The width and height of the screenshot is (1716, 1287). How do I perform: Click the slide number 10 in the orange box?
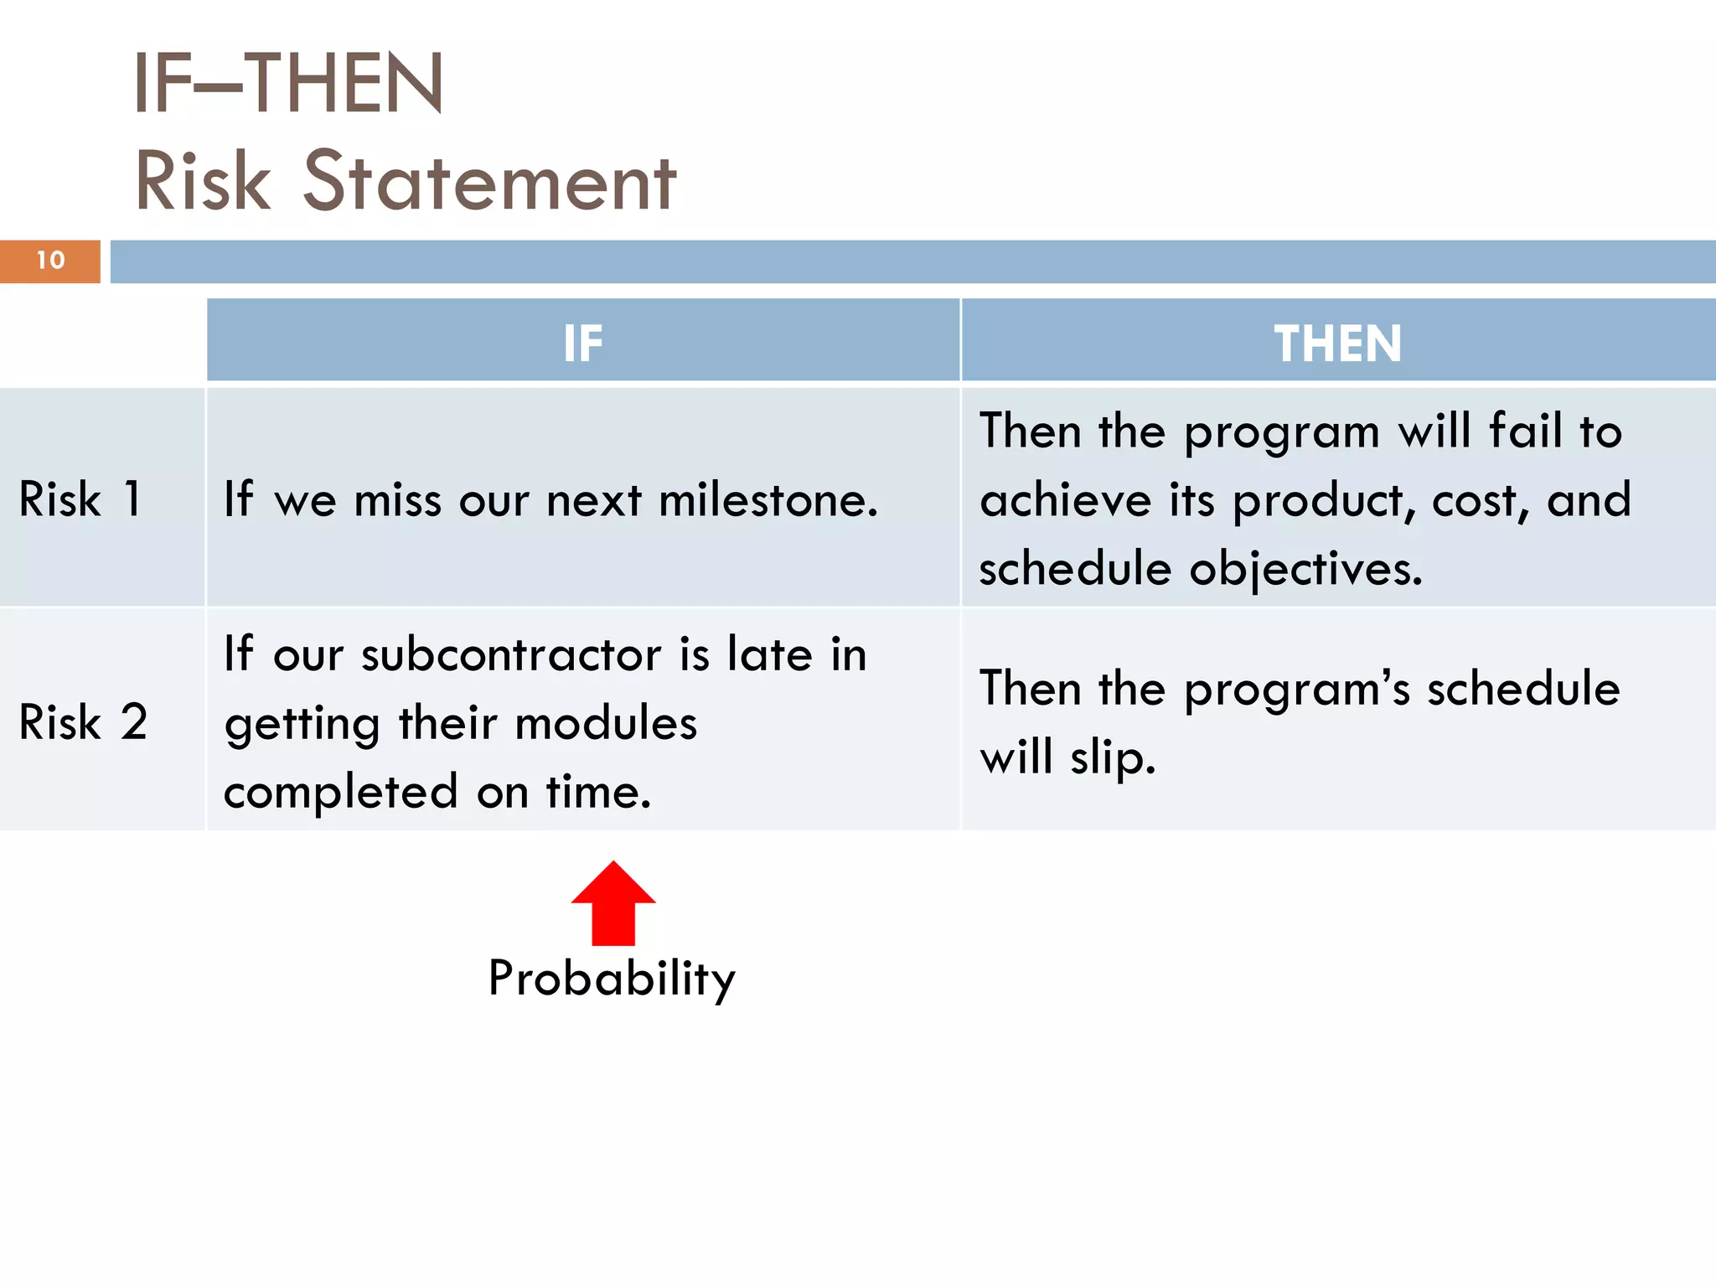point(50,261)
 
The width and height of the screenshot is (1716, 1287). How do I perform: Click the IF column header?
point(582,343)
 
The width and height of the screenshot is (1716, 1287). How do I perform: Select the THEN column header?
point(1337,343)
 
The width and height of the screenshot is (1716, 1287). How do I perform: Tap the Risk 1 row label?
point(80,499)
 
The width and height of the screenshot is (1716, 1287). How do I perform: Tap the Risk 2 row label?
point(83,721)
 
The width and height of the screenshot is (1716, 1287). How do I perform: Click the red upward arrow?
point(613,905)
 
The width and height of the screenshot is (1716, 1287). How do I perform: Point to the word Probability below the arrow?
point(612,979)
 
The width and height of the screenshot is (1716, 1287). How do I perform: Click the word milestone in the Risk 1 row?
point(768,500)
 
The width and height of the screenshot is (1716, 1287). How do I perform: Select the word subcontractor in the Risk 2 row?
point(511,654)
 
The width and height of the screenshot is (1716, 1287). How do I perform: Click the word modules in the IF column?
point(606,723)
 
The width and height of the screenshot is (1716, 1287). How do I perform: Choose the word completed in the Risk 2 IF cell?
point(341,792)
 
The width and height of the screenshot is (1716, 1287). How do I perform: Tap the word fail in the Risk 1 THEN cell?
point(1525,431)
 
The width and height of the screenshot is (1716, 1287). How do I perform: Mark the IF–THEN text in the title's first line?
point(287,83)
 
